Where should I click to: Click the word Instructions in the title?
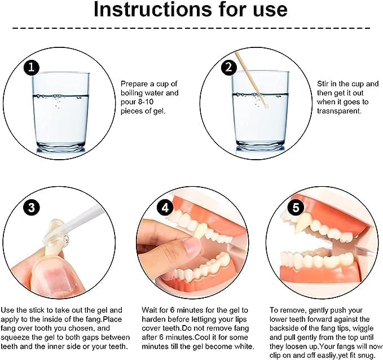153,10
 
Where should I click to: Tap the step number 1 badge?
32,67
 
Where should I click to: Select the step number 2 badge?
229,67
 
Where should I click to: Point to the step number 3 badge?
32,208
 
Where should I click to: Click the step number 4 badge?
165,208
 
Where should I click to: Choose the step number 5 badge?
296,208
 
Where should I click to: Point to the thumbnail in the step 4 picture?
192,247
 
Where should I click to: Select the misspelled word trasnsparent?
339,111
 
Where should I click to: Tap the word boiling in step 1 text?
131,93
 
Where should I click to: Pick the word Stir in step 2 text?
323,84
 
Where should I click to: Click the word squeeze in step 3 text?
15,337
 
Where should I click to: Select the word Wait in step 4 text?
149,310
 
